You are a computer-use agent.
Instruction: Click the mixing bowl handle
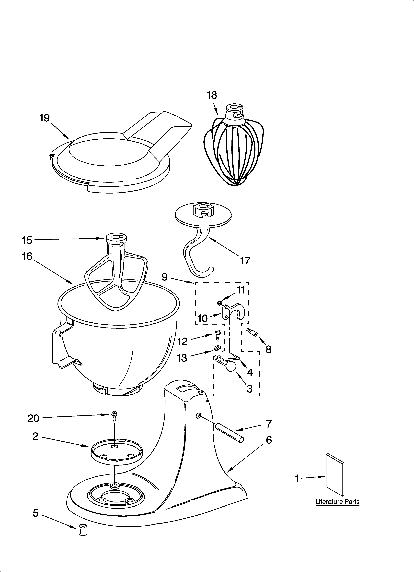click(x=60, y=348)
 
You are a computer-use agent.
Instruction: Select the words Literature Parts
click(x=337, y=502)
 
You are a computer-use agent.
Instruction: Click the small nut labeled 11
click(x=220, y=302)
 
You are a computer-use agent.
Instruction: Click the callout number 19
click(x=45, y=118)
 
